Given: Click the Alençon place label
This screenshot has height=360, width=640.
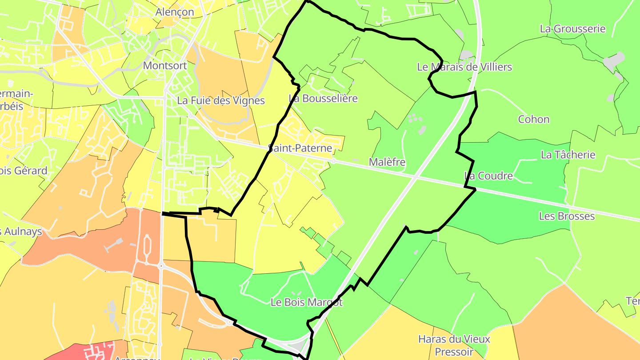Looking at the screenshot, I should pyautogui.click(x=175, y=12).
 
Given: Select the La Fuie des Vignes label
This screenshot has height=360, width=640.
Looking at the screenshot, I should pyautogui.click(x=221, y=100).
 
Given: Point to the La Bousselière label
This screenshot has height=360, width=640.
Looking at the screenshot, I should pyautogui.click(x=323, y=98).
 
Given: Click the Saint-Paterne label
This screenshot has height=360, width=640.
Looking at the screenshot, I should pyautogui.click(x=300, y=148).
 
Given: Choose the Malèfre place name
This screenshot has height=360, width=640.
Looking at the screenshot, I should pyautogui.click(x=387, y=162).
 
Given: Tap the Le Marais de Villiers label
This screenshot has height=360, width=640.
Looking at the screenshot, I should pyautogui.click(x=464, y=67).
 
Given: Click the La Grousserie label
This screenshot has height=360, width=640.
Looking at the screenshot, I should pyautogui.click(x=572, y=29).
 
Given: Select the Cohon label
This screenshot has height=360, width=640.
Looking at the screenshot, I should pyautogui.click(x=533, y=119).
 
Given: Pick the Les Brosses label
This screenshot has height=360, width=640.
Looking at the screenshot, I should pyautogui.click(x=567, y=216).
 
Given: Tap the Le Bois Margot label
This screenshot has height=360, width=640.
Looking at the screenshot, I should pyautogui.click(x=307, y=302).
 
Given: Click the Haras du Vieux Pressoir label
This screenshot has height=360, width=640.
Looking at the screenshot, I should pyautogui.click(x=454, y=345).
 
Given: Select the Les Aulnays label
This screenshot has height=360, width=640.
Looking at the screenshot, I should pyautogui.click(x=21, y=231).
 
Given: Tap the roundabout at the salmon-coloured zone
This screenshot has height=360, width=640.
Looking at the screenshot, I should pyautogui.click(x=161, y=266).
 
